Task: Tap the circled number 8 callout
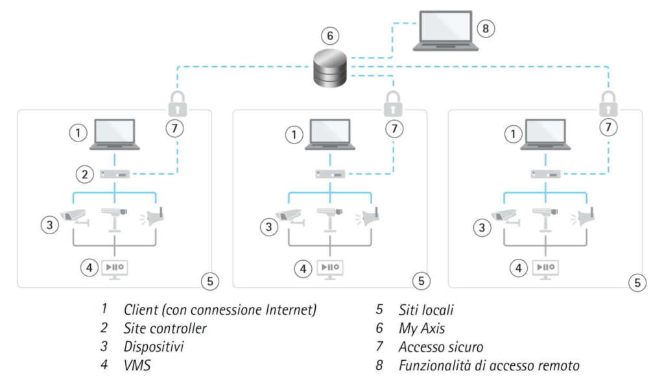coord(485,29)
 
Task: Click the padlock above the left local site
coord(177,103)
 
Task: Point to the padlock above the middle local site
coord(392,103)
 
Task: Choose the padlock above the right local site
coord(607,103)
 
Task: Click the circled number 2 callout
coord(84,174)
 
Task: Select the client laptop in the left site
coord(115,134)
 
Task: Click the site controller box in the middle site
coord(330,174)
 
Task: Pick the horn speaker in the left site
coord(153,217)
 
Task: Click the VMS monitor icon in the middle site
coord(330,268)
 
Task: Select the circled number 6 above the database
coord(331,34)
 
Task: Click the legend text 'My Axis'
coord(422,328)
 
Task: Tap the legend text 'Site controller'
coord(165,328)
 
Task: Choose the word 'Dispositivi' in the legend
coord(153,347)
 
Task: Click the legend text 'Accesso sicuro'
coord(441,347)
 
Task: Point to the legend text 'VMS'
coord(137,366)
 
